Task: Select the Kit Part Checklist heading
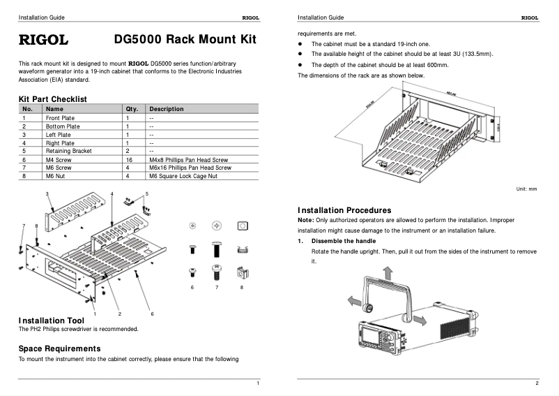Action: pos(52,100)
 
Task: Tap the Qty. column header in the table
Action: pos(132,109)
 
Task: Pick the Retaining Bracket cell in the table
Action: pos(68,151)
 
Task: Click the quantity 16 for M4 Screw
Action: pos(129,160)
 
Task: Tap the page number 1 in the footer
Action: pos(258,383)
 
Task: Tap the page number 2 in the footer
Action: pos(537,383)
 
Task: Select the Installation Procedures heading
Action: pos(344,210)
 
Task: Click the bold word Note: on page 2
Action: pos(306,220)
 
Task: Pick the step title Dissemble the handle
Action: pos(344,241)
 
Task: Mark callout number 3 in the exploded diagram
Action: pos(47,193)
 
